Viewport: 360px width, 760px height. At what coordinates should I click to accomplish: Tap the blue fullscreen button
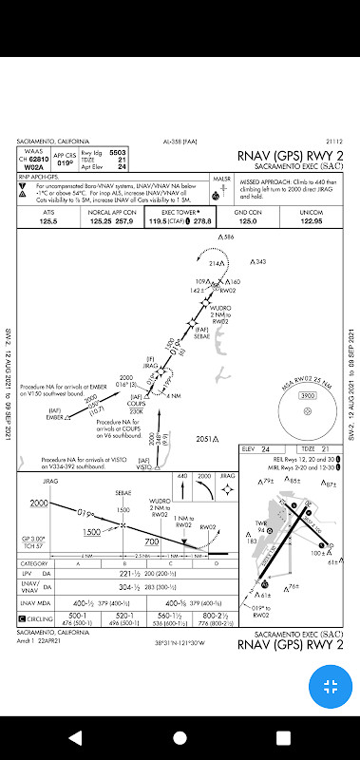330,686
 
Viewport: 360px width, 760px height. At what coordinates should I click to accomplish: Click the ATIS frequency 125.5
47,221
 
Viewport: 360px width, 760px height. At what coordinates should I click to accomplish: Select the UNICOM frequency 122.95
312,221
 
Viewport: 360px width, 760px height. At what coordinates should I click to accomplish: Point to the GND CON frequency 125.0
248,221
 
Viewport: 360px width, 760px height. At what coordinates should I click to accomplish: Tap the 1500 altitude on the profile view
92,531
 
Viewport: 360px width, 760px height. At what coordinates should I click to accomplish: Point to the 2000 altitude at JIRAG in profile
38,503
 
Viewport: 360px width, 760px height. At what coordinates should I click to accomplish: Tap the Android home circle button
180,737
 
